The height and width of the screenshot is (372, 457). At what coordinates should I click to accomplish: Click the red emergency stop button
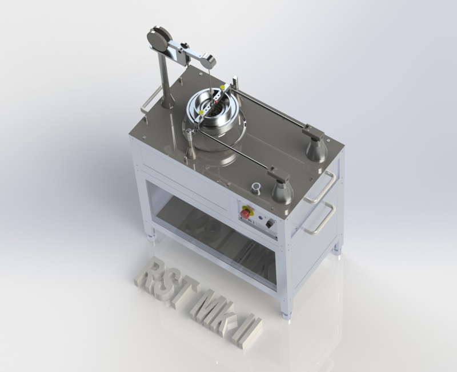[245, 212]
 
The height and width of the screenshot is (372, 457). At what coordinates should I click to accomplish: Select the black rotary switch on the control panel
[270, 224]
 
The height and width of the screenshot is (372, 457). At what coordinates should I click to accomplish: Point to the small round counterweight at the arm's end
[208, 60]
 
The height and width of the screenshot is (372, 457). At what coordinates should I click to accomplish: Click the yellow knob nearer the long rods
[223, 87]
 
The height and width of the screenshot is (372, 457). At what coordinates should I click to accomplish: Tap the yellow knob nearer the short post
[201, 112]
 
